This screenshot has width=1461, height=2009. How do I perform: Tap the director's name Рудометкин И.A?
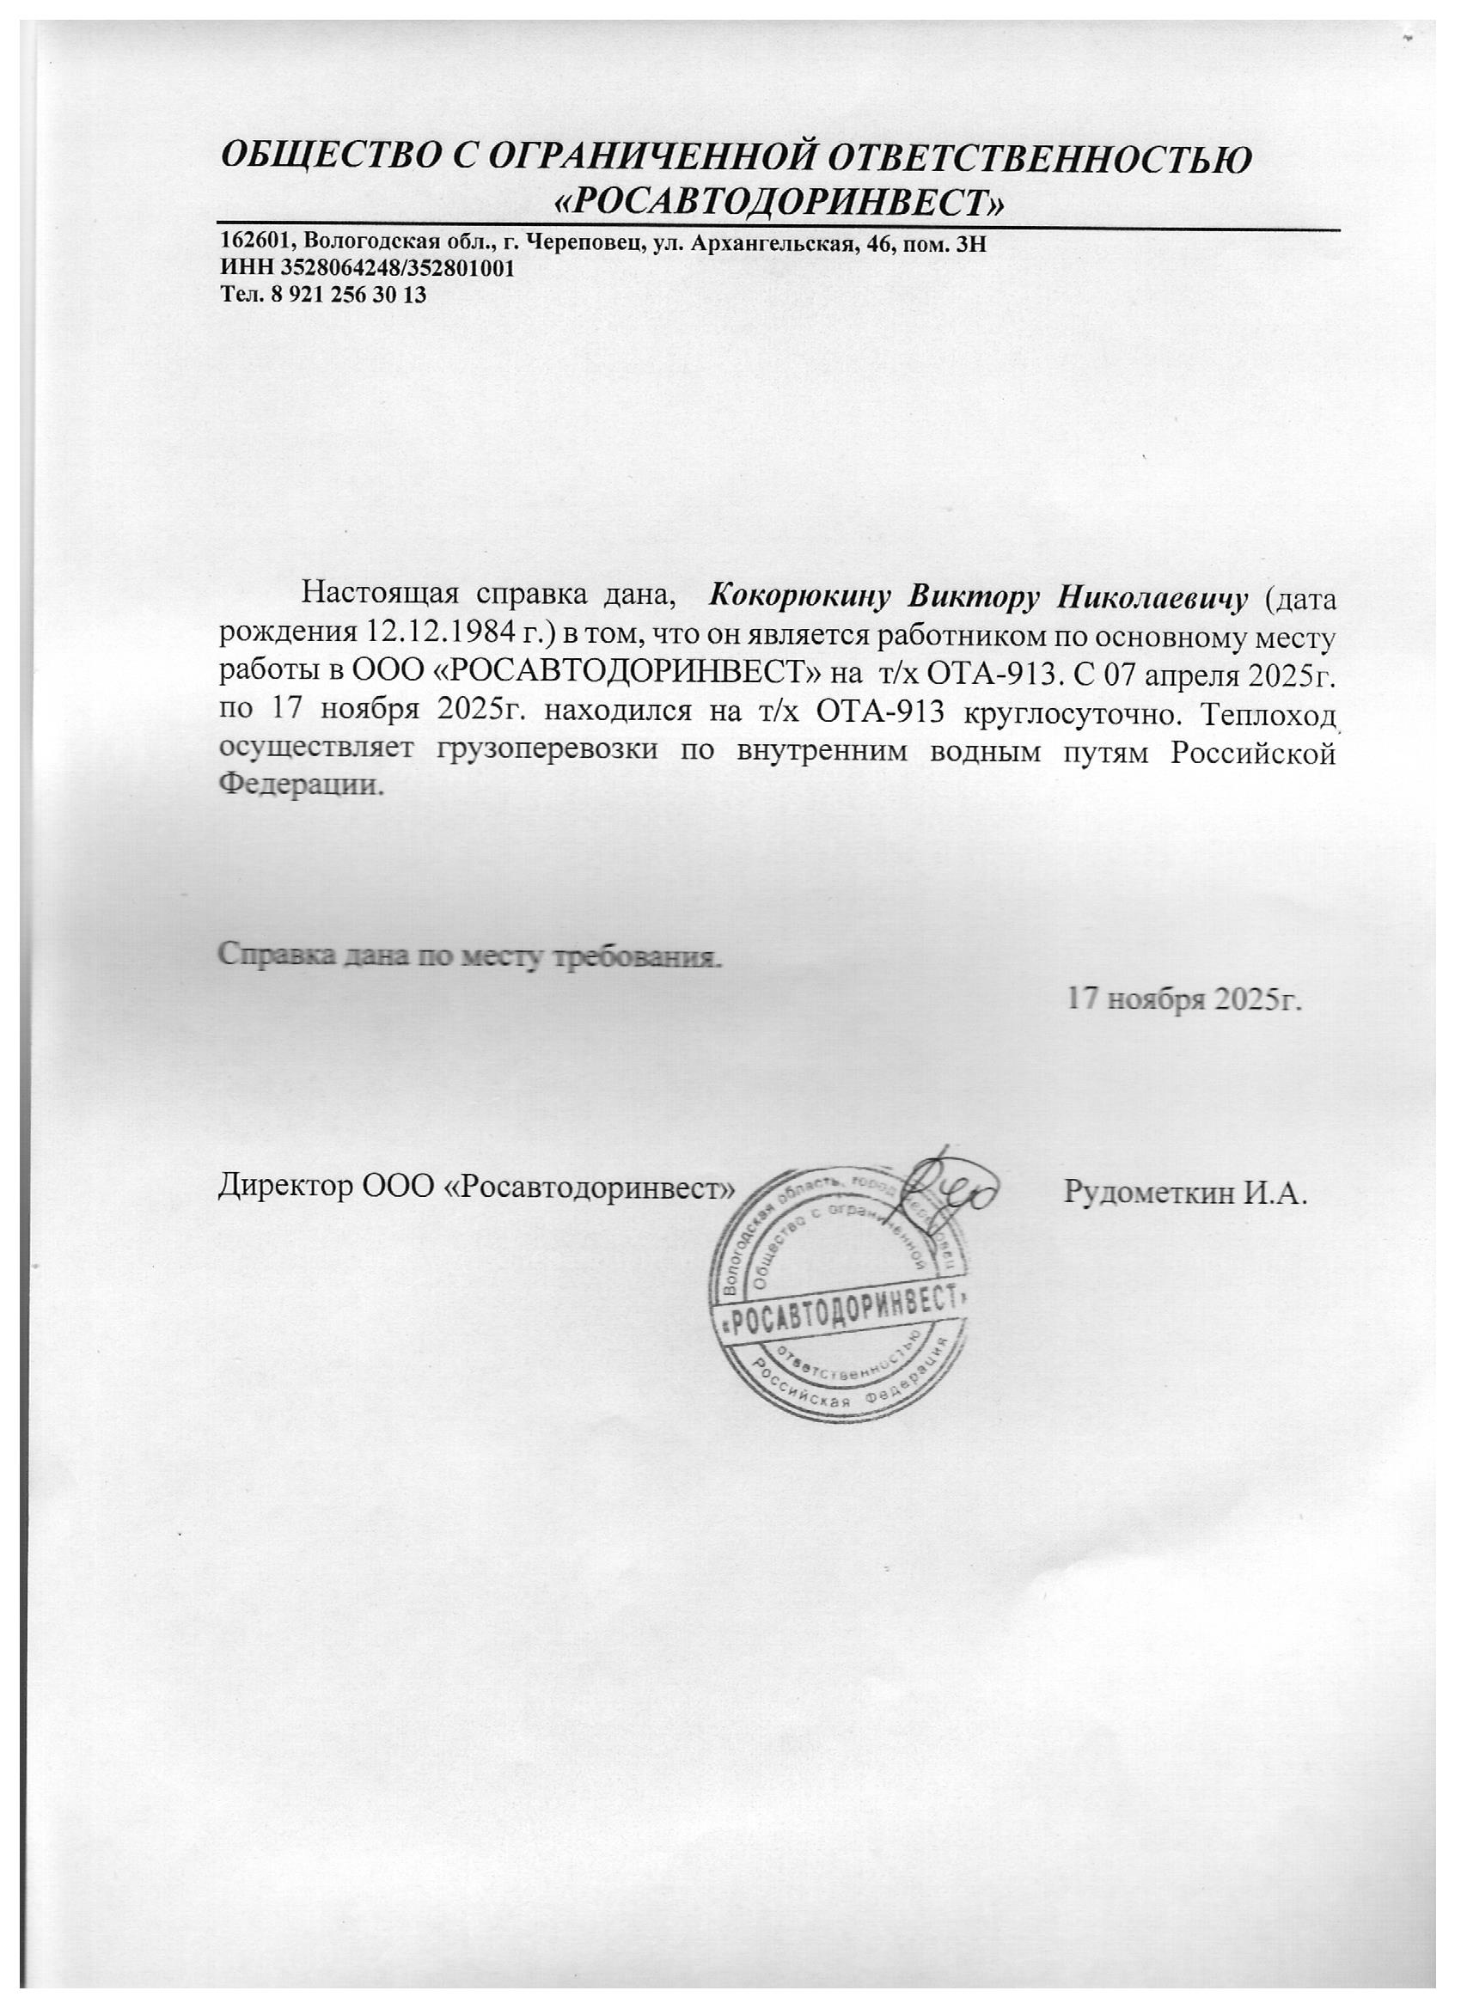(1185, 1193)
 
